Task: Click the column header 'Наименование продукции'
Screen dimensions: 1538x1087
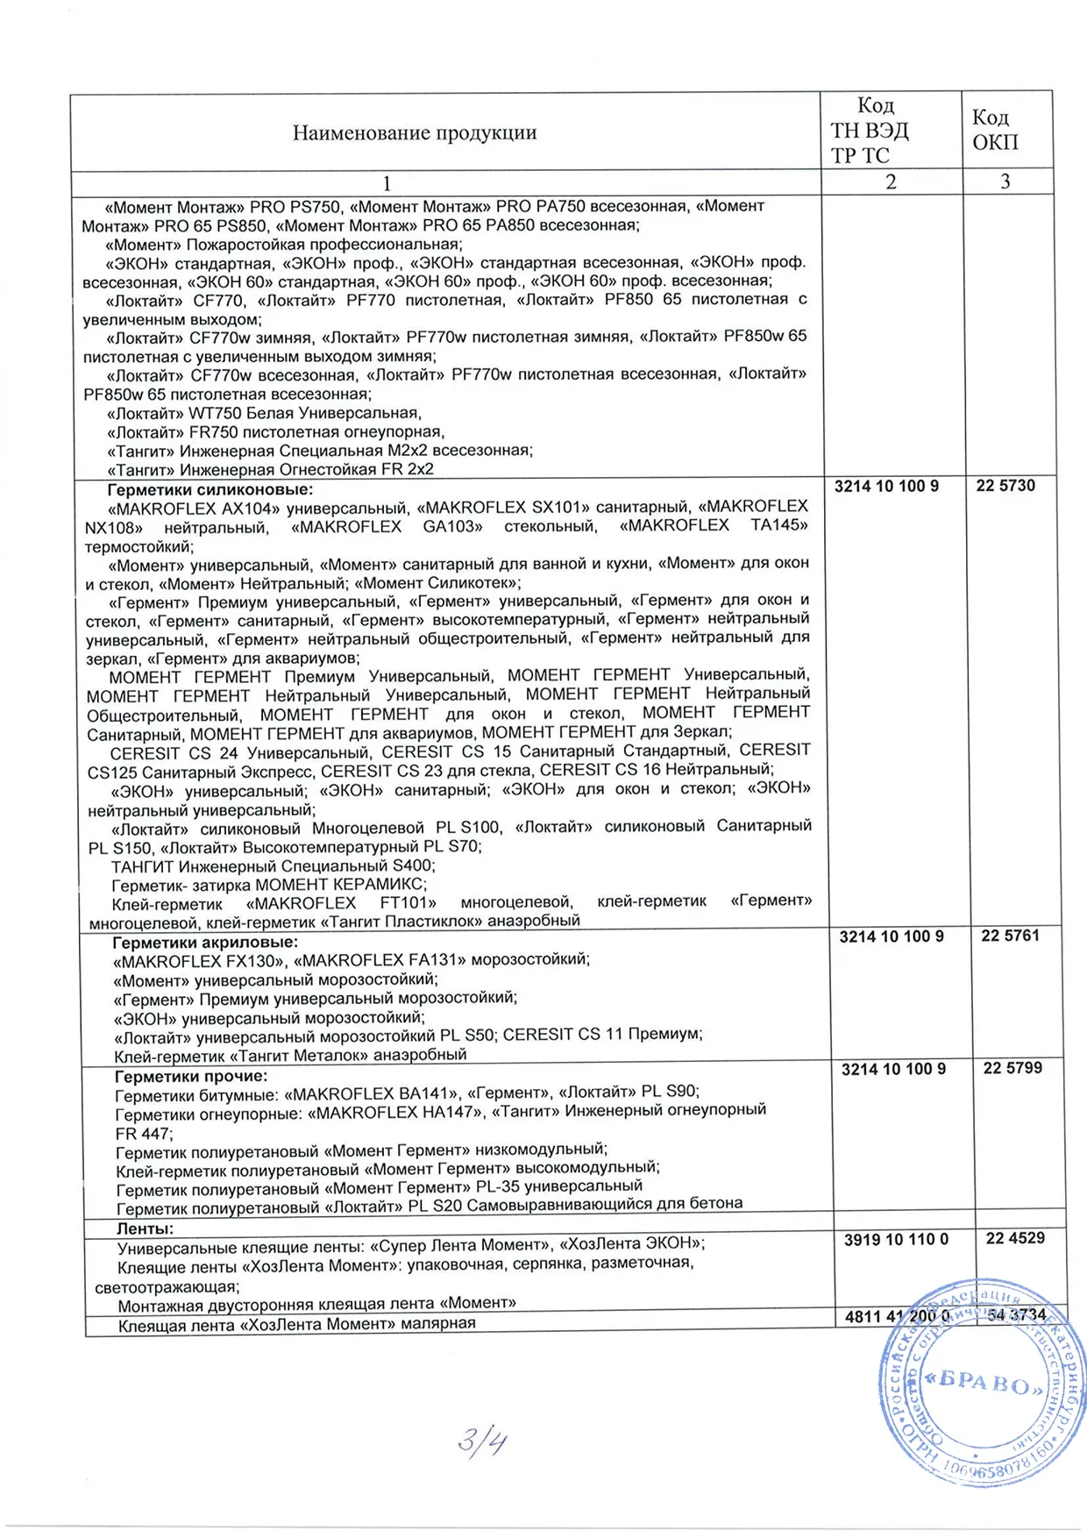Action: coord(414,133)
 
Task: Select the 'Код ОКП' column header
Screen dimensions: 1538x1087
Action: coord(995,130)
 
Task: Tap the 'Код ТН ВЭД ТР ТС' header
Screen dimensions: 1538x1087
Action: coord(870,131)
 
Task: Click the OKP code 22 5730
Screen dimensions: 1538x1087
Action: coord(1005,486)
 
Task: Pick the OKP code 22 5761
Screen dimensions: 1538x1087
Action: coord(1010,936)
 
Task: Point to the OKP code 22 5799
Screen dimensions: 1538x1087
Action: coord(1012,1068)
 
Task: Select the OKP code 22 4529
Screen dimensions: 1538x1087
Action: coord(1015,1238)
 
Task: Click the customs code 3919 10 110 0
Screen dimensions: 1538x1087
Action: coord(896,1240)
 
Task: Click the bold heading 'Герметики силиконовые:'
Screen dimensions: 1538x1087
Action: coord(210,489)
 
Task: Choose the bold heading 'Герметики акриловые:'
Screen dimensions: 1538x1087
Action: coord(205,943)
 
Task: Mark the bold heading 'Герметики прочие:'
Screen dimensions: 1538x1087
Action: coord(191,1076)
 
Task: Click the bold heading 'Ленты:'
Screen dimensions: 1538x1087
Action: coord(145,1229)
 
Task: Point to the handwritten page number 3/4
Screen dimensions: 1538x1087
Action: coord(482,1442)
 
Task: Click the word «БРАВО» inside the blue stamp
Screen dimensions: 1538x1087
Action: coord(984,1384)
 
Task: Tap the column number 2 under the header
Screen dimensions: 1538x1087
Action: coord(891,182)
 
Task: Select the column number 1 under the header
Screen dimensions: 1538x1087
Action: coord(387,183)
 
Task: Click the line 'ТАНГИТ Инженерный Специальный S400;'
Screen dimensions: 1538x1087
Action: coord(273,865)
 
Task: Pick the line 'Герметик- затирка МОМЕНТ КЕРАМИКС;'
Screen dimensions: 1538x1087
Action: coord(269,884)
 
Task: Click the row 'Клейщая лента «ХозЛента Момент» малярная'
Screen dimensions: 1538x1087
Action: coord(296,1324)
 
